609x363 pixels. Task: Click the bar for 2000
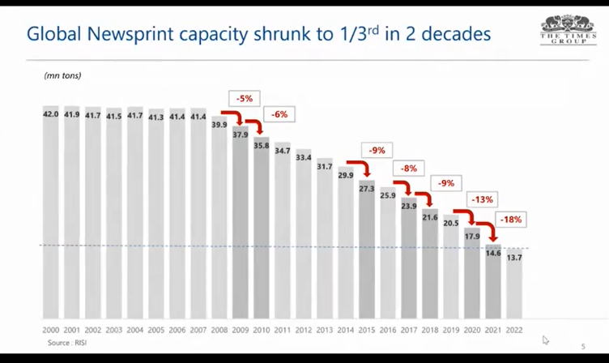pyautogui.click(x=50, y=215)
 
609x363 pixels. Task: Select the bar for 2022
pyautogui.click(x=514, y=288)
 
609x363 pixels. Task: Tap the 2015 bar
pyautogui.click(x=367, y=251)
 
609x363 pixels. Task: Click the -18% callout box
pyautogui.click(x=512, y=219)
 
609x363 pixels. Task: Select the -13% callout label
pyautogui.click(x=484, y=199)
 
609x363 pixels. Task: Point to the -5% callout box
pyautogui.click(x=245, y=98)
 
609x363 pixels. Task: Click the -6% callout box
pyautogui.click(x=279, y=115)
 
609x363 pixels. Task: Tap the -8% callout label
pyautogui.click(x=409, y=169)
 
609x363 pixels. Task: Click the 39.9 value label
pyautogui.click(x=219, y=125)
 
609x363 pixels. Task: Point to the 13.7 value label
pyautogui.click(x=514, y=258)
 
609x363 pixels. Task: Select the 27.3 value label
pyautogui.click(x=367, y=189)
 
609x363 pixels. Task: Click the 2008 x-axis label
pyautogui.click(x=219, y=331)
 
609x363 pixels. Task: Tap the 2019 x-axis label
pyautogui.click(x=451, y=331)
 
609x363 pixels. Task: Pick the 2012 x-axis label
pyautogui.click(x=304, y=331)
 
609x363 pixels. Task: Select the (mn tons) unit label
pyautogui.click(x=62, y=75)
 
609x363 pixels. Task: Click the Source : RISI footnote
pyautogui.click(x=67, y=344)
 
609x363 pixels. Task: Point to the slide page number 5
pyautogui.click(x=582, y=347)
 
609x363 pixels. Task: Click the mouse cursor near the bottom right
pyautogui.click(x=546, y=340)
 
